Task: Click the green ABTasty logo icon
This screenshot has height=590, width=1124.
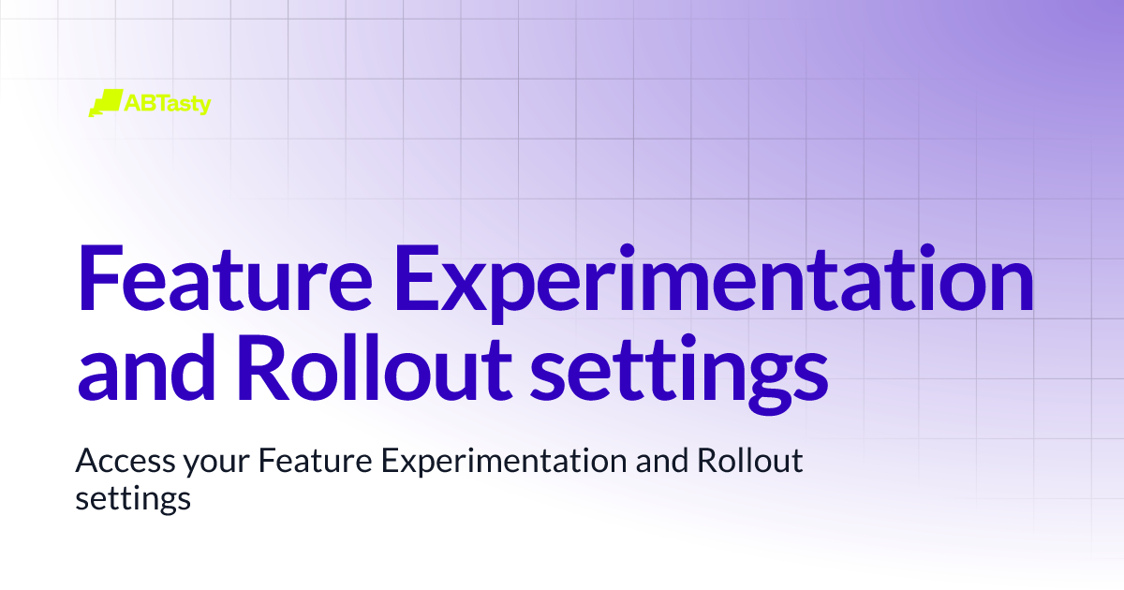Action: [x=105, y=102]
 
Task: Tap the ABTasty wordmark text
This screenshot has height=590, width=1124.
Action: [x=168, y=103]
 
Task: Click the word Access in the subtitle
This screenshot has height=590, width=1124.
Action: [x=115, y=463]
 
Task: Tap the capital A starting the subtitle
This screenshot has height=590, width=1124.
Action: [x=86, y=462]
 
